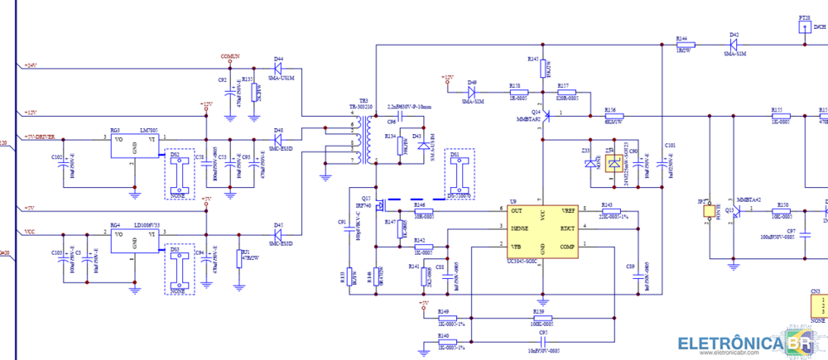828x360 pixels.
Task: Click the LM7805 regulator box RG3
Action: click(134, 145)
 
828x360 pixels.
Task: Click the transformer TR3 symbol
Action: click(360, 138)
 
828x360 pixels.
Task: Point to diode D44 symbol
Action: click(278, 68)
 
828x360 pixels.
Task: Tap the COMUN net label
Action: click(229, 55)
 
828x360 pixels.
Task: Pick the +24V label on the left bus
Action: click(31, 65)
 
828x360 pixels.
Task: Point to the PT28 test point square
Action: click(804, 27)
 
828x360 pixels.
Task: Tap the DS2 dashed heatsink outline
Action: click(178, 174)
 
